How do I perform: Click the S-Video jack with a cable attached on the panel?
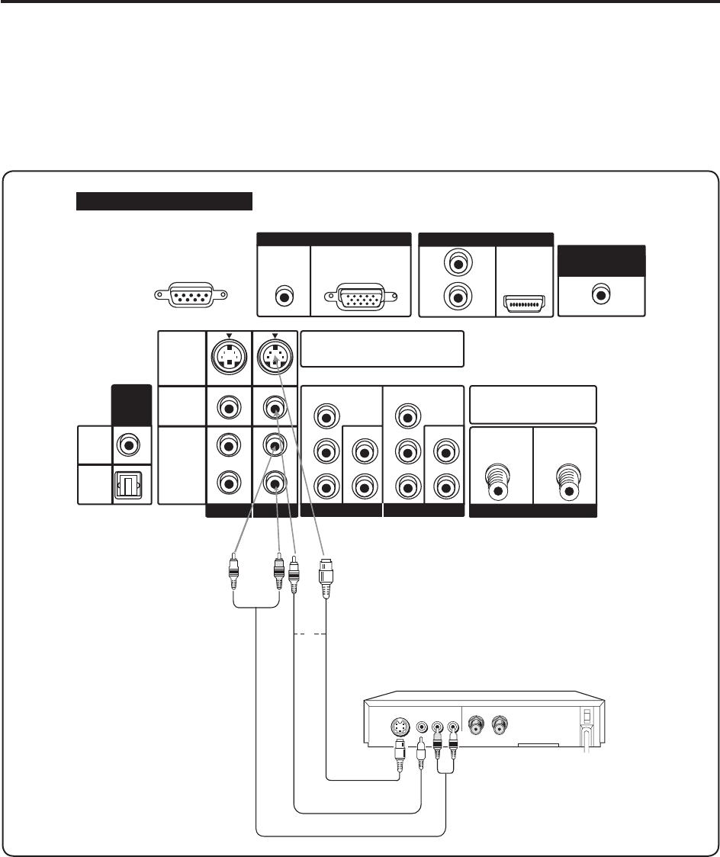tap(274, 355)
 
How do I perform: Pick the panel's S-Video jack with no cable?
tap(228, 355)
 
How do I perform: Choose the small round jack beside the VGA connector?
tap(284, 294)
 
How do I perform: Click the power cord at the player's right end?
tap(587, 736)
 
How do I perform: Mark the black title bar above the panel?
tap(164, 201)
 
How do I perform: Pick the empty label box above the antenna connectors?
tap(532, 404)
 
